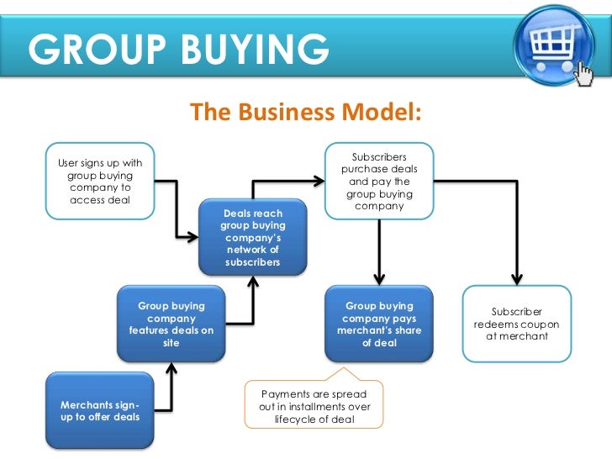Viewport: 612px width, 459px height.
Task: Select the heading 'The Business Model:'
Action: pyautogui.click(x=305, y=112)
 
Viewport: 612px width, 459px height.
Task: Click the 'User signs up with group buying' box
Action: pyautogui.click(x=99, y=182)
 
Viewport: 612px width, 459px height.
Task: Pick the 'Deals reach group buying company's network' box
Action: pyautogui.click(x=252, y=238)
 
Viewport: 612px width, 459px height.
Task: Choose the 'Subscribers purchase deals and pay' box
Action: pyautogui.click(x=379, y=181)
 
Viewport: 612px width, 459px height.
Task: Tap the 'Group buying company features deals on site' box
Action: pyautogui.click(x=171, y=324)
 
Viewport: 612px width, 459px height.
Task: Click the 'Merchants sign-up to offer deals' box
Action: pyautogui.click(x=99, y=412)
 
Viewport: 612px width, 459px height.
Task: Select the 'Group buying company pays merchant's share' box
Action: pyautogui.click(x=378, y=324)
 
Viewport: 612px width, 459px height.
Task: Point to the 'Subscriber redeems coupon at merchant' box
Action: pyautogui.click(x=516, y=324)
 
